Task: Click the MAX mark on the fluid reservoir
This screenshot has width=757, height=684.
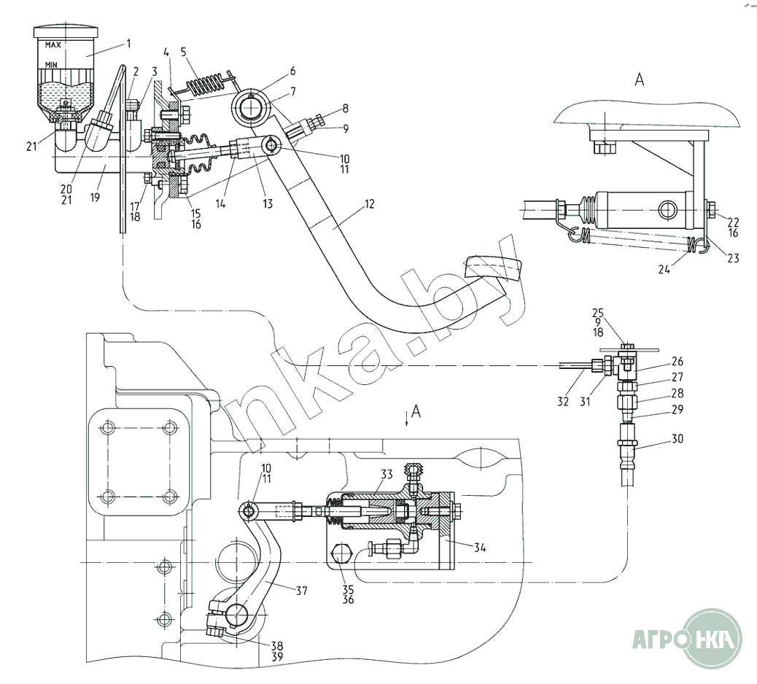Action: pos(53,45)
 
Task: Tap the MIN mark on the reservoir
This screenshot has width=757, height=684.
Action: pos(51,65)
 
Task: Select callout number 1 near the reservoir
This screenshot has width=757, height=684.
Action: pos(128,44)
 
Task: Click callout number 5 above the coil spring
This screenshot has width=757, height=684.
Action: pos(184,52)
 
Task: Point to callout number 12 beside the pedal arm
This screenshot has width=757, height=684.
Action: pos(369,204)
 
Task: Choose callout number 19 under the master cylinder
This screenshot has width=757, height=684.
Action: pos(95,197)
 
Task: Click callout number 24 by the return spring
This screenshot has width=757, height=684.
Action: pos(664,269)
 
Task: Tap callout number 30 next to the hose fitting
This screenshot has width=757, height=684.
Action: pos(678,439)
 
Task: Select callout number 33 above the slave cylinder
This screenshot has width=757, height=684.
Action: pos(387,475)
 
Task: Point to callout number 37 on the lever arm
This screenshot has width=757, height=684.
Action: pos(301,591)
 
